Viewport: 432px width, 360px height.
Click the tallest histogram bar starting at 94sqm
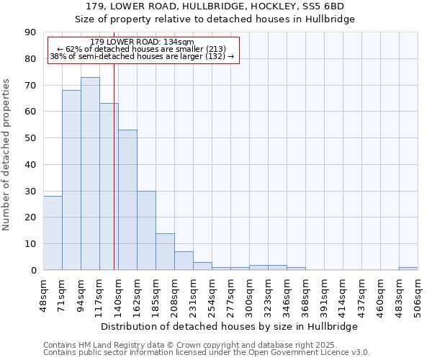(x=90, y=173)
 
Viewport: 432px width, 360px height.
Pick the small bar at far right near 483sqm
(x=408, y=268)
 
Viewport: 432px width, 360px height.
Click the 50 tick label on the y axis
(x=32, y=138)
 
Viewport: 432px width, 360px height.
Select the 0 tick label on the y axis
(x=35, y=270)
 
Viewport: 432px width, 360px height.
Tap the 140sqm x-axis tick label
(x=118, y=293)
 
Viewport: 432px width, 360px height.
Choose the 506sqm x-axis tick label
(x=418, y=293)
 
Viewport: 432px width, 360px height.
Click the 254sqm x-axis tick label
(x=212, y=293)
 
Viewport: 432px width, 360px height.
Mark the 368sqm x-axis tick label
(x=305, y=293)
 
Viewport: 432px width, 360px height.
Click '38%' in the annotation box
(x=58, y=56)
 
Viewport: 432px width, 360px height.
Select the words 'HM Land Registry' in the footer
(x=112, y=345)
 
